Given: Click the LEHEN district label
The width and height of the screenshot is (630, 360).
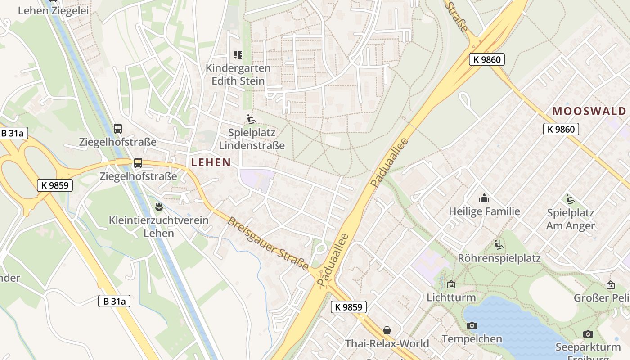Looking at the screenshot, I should pos(211,162).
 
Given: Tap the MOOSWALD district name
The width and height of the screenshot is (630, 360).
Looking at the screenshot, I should pos(589,111).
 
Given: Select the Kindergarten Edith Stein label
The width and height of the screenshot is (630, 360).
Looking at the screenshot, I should pos(238,75).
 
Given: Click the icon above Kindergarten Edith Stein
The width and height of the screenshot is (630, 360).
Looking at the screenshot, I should pos(238,55).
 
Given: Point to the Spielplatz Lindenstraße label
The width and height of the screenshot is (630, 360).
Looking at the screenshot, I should pos(252,139).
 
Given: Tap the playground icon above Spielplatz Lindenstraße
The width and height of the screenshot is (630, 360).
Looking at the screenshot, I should pos(252,120).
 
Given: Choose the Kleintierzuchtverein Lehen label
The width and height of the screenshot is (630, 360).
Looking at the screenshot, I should pos(159,227).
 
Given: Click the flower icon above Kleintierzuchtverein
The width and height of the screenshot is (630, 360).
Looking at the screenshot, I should pos(158,207).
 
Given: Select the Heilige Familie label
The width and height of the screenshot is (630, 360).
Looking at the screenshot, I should pos(484,211).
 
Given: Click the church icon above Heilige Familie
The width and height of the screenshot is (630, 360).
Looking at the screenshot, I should pos(484,198).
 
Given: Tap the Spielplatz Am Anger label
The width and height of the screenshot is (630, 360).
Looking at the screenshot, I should pos(570,219).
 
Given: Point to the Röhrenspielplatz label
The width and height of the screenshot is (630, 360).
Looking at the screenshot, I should pos(499,258).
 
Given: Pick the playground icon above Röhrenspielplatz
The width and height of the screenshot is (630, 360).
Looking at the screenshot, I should pos(499,245).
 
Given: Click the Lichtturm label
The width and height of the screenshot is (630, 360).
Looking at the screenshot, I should pos(451,297).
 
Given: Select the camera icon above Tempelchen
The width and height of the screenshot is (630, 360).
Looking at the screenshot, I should pos(472,325).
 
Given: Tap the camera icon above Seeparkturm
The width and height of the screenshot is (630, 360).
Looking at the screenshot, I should pos(588,334).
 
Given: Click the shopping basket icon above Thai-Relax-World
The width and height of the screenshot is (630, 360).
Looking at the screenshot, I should pos(387,330).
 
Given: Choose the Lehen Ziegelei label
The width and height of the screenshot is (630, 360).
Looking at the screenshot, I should pos(53,11).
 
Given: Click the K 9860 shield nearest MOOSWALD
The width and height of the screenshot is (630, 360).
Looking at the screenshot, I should pos(561,130).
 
